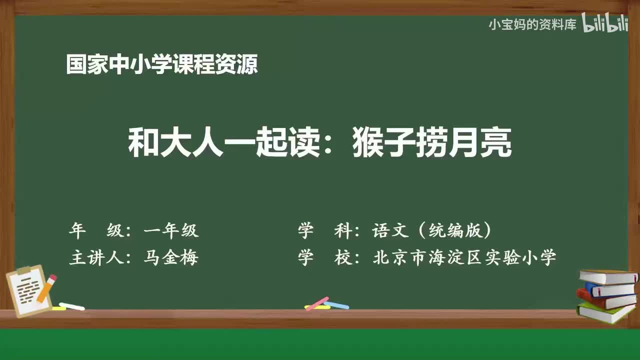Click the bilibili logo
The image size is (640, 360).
coord(605,23)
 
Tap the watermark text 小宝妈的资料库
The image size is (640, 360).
coord(532,25)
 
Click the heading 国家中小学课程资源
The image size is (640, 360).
coord(162,64)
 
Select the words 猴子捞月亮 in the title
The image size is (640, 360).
coord(432,142)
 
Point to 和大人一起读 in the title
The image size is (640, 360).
coord(223,142)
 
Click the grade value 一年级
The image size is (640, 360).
coord(171,230)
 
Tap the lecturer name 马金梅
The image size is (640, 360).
coord(171,257)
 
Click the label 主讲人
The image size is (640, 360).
coord(96,257)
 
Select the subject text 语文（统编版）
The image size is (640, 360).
coord(431,230)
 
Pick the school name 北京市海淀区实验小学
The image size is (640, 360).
coord(464,257)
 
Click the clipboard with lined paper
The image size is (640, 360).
coord(28,291)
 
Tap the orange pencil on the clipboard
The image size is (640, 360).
coord(47,288)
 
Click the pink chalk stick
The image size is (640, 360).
coord(317,303)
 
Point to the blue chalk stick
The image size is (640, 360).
coord(336,305)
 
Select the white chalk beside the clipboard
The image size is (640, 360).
coord(71,306)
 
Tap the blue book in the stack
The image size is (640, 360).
coord(611,289)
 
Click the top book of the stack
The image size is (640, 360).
coord(608,276)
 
